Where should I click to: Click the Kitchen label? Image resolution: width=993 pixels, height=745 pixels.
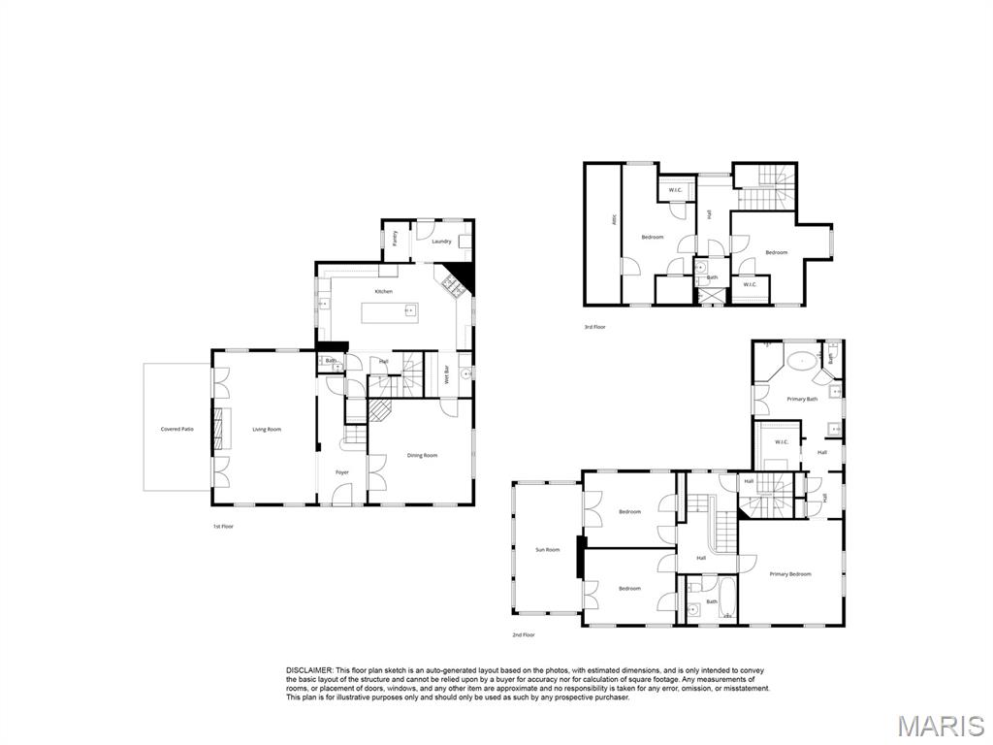(384, 291)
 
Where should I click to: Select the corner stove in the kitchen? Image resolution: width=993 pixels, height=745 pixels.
(452, 283)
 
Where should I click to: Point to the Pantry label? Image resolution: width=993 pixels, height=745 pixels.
(395, 239)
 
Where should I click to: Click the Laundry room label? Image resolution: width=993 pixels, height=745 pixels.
(441, 242)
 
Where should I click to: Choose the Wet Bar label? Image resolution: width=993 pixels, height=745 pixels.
(447, 373)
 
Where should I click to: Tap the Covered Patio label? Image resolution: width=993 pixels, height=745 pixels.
(176, 429)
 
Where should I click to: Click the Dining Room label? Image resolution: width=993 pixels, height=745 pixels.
(422, 455)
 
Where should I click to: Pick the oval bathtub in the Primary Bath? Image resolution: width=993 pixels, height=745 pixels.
(801, 362)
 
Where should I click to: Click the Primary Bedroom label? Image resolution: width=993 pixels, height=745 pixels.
(790, 574)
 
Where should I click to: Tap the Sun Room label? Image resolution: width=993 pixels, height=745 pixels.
(548, 550)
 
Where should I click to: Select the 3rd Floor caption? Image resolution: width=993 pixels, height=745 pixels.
(594, 327)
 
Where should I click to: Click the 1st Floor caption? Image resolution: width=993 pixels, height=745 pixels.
(223, 526)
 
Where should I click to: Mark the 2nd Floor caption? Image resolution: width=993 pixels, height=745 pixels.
(524, 634)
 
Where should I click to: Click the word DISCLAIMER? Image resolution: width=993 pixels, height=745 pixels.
(309, 670)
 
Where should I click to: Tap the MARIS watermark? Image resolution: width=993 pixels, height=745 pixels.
(941, 725)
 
